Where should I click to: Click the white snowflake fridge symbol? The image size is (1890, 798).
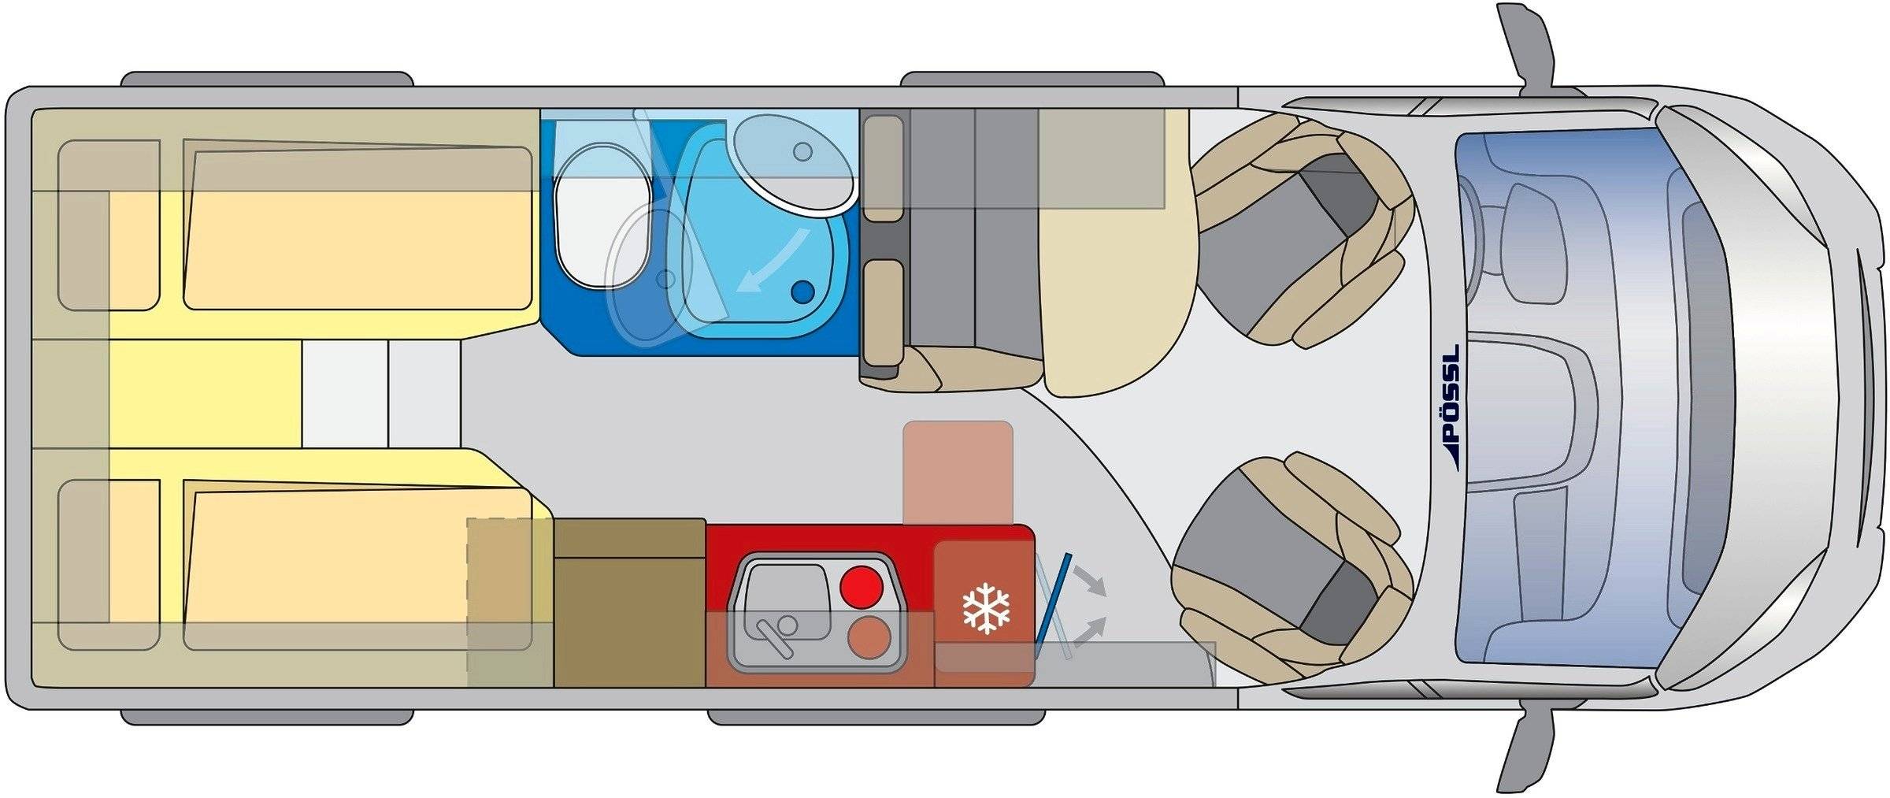tap(986, 607)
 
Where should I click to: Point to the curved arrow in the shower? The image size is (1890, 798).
tap(777, 258)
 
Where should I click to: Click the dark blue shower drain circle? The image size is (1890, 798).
tap(802, 292)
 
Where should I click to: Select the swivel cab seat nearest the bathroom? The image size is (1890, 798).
tap(1299, 228)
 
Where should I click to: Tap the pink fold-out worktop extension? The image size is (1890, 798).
tap(958, 473)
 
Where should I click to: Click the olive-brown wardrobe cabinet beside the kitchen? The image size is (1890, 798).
tap(629, 603)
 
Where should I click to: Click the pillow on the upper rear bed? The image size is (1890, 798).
tap(109, 225)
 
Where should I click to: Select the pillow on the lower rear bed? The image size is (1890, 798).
tap(109, 565)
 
